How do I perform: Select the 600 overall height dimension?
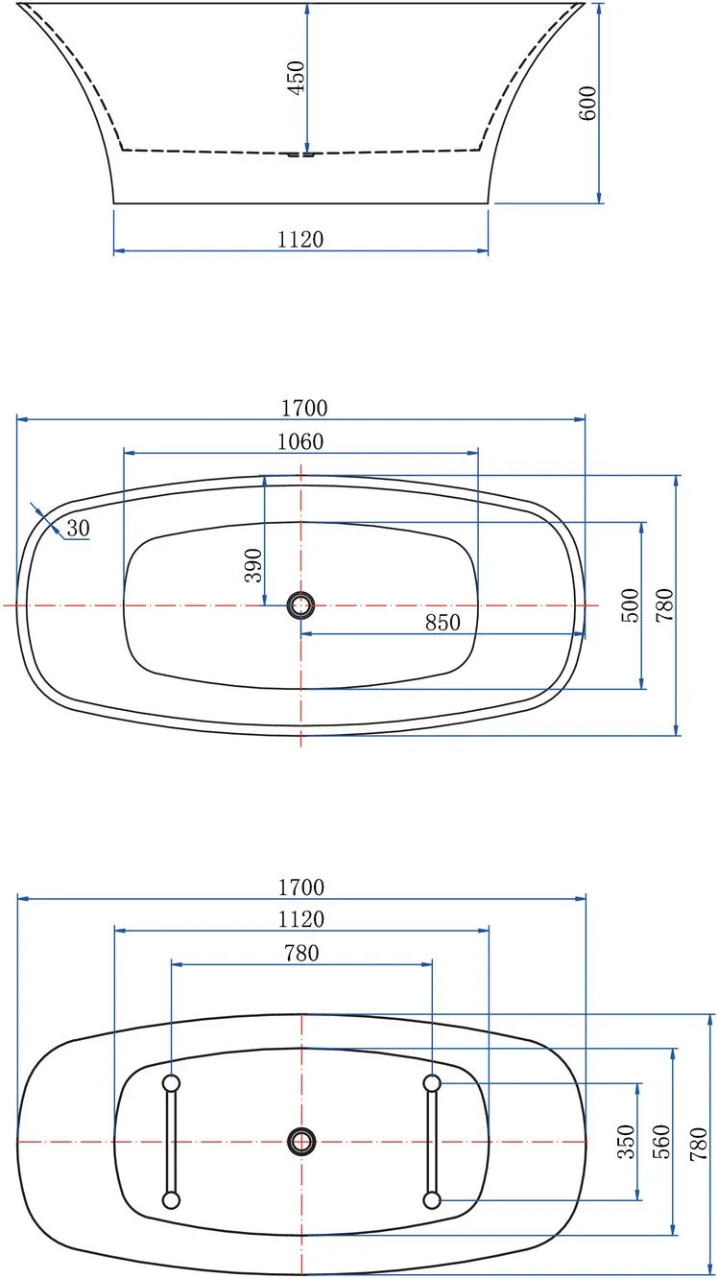[588, 102]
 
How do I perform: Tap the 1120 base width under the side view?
[300, 240]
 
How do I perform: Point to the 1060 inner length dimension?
[300, 441]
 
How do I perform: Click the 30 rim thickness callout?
[77, 527]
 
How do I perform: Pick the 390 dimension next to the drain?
[252, 566]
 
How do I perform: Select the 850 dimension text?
[443, 622]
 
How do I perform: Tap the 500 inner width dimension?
[630, 605]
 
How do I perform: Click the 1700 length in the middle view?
[304, 408]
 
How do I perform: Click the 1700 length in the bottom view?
[301, 887]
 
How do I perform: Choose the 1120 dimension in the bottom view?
[301, 919]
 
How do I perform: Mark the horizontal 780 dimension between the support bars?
[301, 953]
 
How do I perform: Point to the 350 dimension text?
[626, 1142]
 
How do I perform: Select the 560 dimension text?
[661, 1142]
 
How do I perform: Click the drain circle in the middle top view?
[301, 604]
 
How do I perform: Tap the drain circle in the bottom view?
[301, 1141]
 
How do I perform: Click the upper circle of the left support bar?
[172, 1083]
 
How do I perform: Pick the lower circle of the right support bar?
[432, 1199]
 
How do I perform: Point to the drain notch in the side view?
[301, 153]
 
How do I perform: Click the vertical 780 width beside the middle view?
[665, 605]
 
